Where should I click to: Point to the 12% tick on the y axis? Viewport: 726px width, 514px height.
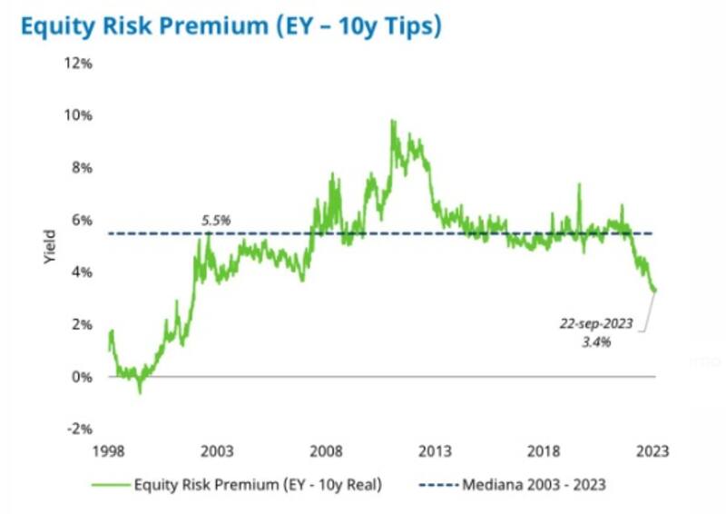pyautogui.click(x=78, y=64)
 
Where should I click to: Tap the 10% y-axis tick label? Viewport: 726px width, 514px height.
pyautogui.click(x=78, y=115)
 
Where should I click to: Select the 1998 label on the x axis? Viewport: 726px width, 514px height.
pyautogui.click(x=109, y=451)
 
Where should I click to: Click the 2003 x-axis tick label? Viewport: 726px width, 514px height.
pyautogui.click(x=218, y=451)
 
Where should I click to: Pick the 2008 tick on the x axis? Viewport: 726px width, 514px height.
pyautogui.click(x=327, y=451)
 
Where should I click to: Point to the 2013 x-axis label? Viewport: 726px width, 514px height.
pyautogui.click(x=436, y=451)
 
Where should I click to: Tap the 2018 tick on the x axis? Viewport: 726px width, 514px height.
pyautogui.click(x=544, y=451)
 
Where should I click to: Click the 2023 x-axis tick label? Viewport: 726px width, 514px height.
pyautogui.click(x=653, y=451)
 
